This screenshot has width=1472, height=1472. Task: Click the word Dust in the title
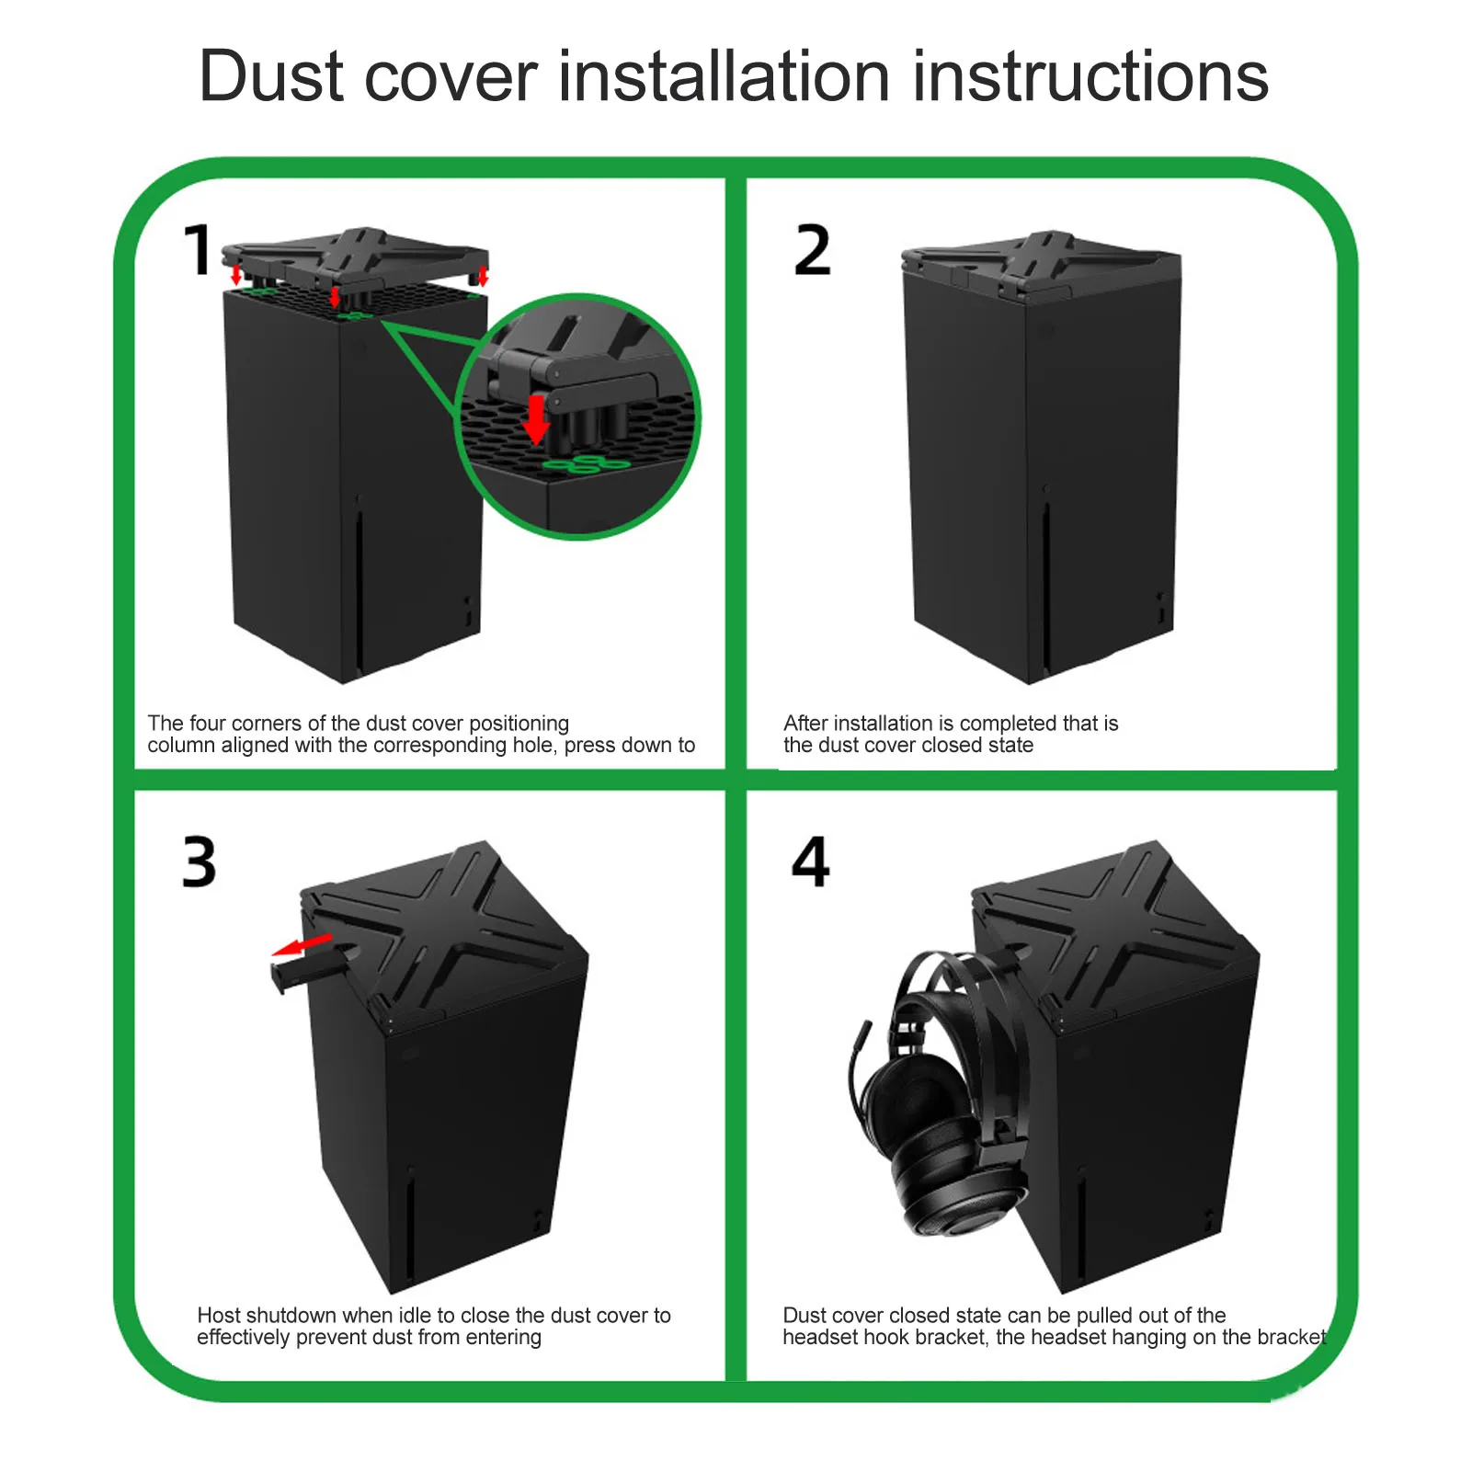[275, 75]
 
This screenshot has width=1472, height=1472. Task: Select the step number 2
[813, 250]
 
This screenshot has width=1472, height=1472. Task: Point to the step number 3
[200, 862]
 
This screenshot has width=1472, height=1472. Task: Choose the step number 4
[811, 862]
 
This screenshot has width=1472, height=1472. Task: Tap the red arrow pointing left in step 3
[302, 944]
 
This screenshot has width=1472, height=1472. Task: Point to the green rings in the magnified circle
[586, 463]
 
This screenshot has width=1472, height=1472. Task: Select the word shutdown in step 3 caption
[291, 1316]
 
